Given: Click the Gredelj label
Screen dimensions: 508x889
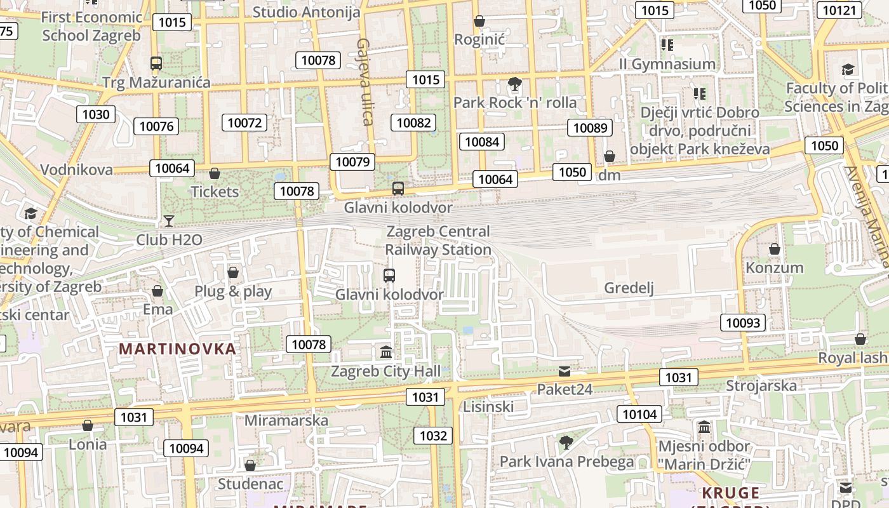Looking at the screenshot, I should [x=629, y=288].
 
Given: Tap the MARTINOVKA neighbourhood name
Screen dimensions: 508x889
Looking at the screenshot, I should [x=177, y=349].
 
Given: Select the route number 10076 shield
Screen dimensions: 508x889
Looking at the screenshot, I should [x=156, y=126].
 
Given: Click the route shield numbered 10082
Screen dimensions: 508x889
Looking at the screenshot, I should [x=413, y=123].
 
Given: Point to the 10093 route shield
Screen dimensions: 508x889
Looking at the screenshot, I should [x=742, y=323].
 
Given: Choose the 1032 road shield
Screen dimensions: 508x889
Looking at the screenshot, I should [x=433, y=436].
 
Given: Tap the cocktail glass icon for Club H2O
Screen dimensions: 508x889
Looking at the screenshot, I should [x=169, y=220].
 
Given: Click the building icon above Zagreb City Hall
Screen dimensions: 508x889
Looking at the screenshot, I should [x=385, y=352].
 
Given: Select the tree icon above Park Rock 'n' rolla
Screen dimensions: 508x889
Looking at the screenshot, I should [x=514, y=84].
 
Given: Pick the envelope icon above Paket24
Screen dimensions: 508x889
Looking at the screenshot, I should [x=565, y=371].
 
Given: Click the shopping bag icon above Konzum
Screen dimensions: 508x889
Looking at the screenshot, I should [x=774, y=249].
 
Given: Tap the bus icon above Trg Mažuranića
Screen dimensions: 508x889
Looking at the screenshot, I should [x=156, y=63].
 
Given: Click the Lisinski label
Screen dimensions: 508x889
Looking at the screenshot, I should [x=488, y=406].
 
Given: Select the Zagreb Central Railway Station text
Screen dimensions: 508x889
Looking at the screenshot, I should [x=438, y=241].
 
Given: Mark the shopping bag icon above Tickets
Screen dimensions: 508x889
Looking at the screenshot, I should [x=215, y=173].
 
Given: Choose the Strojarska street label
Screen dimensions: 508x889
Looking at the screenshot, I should [x=761, y=385].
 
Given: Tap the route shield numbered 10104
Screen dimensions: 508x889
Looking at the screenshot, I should [x=639, y=415].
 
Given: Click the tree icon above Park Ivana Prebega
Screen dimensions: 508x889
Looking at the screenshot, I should [x=566, y=443].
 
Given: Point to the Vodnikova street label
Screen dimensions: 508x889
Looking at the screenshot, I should [x=76, y=170].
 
